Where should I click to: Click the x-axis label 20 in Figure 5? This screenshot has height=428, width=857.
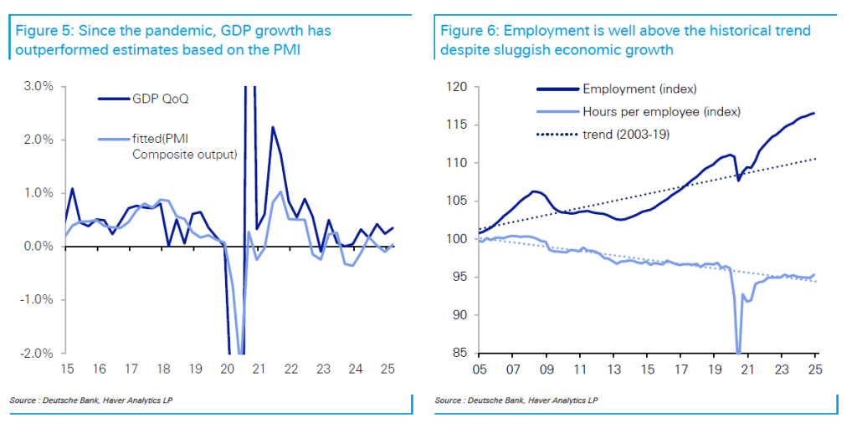coord(228,369)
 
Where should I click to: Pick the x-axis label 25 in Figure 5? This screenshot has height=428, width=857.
coord(387,369)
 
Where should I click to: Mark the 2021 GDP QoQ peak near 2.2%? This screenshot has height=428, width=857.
coord(272,127)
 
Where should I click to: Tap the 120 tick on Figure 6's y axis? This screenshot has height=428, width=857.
coord(456,87)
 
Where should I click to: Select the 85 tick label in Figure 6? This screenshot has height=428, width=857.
coord(459,353)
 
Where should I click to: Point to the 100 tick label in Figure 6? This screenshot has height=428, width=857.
coord(456,239)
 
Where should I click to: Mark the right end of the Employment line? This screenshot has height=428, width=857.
coord(814,113)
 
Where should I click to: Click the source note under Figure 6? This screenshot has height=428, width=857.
coord(516,401)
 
